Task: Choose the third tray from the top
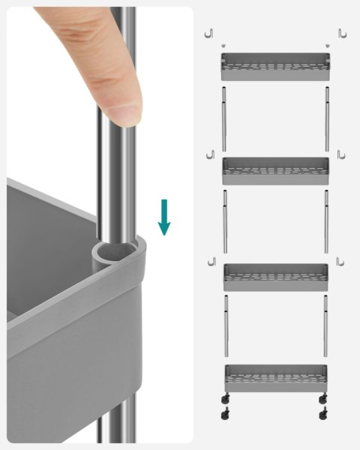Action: point(276,276)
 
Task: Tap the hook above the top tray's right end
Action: point(341,33)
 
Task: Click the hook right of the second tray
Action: point(340,154)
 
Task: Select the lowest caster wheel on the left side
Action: point(226,413)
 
